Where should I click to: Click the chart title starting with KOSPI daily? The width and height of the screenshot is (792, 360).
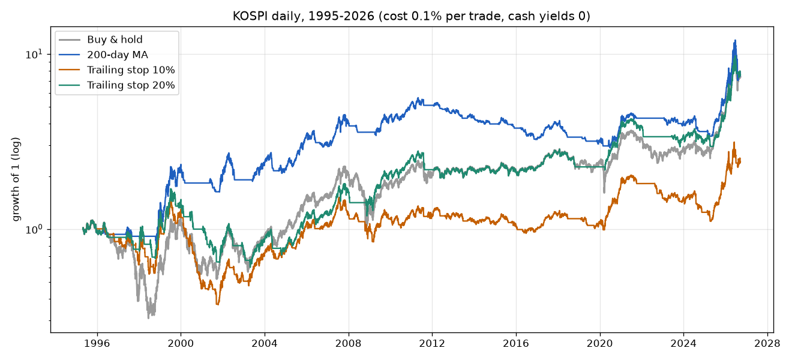[412, 16]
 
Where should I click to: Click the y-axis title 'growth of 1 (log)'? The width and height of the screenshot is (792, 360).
[16, 179]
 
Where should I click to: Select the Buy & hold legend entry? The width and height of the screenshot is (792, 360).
[115, 40]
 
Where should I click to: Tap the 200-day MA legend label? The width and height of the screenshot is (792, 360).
[118, 55]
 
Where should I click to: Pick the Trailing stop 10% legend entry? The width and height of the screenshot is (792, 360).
[131, 70]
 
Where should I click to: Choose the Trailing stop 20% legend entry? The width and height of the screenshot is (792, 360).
[131, 85]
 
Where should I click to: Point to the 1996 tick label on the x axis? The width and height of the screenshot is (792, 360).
[97, 343]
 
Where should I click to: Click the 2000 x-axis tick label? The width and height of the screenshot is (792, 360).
[181, 343]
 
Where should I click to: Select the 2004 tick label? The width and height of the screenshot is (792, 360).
[265, 343]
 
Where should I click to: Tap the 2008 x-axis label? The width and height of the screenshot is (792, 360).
[349, 343]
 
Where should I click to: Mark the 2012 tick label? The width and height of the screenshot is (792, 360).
[432, 343]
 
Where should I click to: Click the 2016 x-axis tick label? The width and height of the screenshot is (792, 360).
[516, 343]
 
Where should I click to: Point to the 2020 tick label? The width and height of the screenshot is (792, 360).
[600, 343]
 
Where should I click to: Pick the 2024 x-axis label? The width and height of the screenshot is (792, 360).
[683, 343]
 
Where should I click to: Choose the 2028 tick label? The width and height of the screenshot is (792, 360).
[767, 343]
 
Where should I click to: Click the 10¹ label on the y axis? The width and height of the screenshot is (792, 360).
[34, 54]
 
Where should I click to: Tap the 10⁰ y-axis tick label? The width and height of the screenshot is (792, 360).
[34, 229]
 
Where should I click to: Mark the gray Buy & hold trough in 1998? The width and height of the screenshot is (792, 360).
[149, 318]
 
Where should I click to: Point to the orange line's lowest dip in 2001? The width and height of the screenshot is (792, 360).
[217, 304]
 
